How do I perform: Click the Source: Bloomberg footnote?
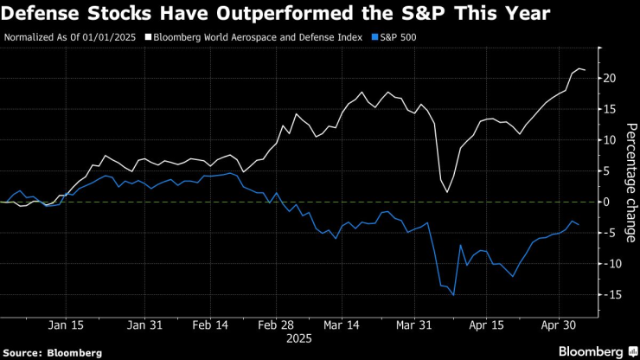[52, 352]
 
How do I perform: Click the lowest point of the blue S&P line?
[453, 295]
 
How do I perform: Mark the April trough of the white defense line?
[447, 192]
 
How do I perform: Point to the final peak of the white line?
[578, 68]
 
